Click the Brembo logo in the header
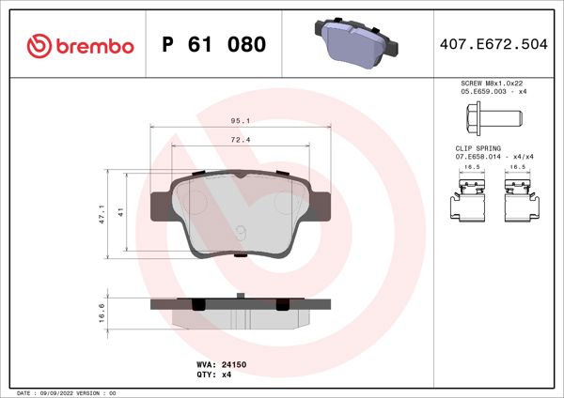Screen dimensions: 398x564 pyautogui.click(x=80, y=45)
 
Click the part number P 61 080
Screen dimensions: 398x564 pyautogui.click(x=213, y=45)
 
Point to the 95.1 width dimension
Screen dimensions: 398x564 pyautogui.click(x=240, y=120)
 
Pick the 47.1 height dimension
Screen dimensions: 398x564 pyautogui.click(x=102, y=213)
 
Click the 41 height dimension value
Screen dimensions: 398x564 pyautogui.click(x=120, y=213)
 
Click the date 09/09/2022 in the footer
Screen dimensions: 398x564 pyautogui.click(x=65, y=391)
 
